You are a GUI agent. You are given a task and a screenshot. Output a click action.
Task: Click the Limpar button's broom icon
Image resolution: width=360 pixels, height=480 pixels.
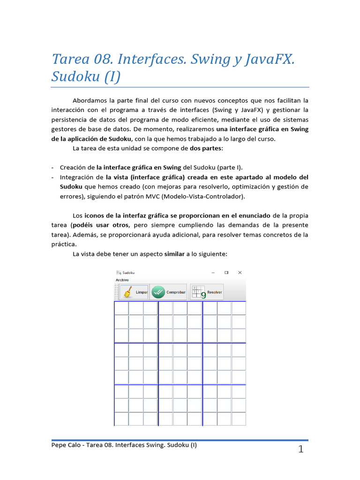126,292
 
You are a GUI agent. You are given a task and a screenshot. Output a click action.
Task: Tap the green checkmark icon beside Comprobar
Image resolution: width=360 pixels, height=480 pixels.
158,292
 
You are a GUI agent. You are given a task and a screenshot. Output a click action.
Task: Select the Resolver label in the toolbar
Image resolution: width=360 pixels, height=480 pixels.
214,292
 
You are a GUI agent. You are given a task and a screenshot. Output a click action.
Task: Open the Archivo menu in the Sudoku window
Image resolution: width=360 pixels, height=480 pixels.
122,280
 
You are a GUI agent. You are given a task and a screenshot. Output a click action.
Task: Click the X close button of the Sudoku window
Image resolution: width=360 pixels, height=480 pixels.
240,272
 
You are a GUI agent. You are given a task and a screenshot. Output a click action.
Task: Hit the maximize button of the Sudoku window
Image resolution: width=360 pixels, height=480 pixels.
226,272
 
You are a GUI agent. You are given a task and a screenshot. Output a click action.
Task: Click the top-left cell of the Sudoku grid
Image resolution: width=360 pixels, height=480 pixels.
121,308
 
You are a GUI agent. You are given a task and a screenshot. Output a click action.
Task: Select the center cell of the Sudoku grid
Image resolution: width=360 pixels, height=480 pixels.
180,363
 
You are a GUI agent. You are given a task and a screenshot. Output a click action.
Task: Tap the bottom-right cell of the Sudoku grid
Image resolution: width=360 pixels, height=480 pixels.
239,419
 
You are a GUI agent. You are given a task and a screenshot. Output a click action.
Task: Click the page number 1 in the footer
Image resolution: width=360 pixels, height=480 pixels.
300,450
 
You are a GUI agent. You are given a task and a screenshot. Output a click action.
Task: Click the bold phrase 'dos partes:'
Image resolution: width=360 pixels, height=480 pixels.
206,149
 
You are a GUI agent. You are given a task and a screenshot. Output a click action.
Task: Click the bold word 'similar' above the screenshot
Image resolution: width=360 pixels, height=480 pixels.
174,254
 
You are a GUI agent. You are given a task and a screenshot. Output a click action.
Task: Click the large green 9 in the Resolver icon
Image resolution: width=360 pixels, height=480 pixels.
203,295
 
